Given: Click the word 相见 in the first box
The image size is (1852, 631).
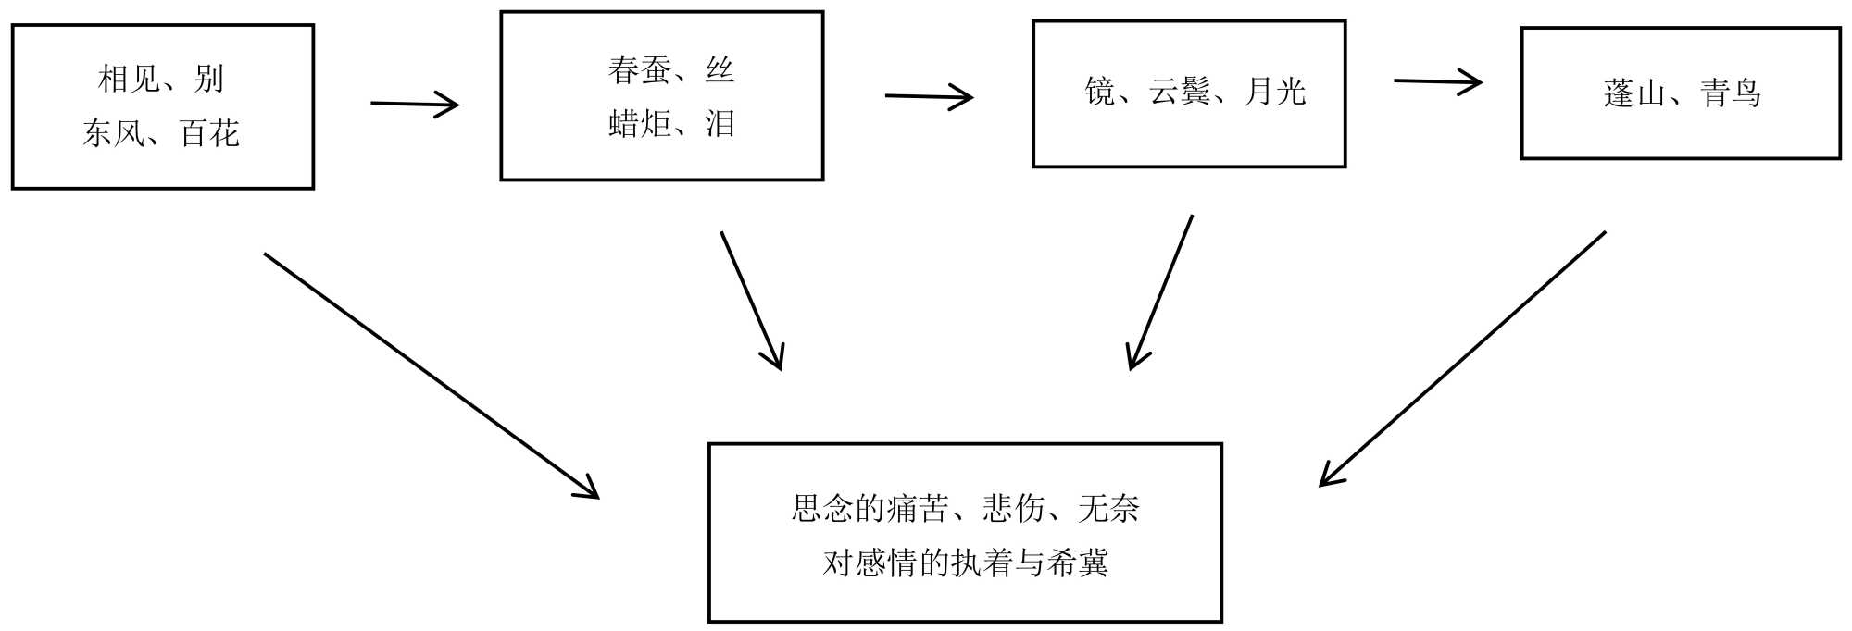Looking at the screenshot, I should [x=129, y=80].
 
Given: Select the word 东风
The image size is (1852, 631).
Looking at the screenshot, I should [x=112, y=134].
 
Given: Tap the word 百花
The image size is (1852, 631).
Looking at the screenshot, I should [x=209, y=134].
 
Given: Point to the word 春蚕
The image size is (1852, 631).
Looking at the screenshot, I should [x=639, y=70].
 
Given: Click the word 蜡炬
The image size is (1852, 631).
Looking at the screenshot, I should [x=640, y=124].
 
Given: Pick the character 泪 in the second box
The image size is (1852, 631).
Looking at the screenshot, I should [x=720, y=124].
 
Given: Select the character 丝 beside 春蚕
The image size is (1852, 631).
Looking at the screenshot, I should [x=720, y=70].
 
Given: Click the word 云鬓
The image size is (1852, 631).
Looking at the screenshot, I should [x=1180, y=92].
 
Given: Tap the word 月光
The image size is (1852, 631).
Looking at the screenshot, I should [x=1275, y=92].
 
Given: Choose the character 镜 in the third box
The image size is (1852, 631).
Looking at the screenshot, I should [x=1099, y=92].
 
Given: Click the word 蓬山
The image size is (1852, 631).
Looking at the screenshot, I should [x=1634, y=93].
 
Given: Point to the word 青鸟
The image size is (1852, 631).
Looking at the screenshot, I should [x=1730, y=93].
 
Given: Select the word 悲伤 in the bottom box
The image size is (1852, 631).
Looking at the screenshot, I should [x=1013, y=508].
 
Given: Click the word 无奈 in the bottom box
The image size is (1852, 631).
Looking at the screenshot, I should [x=1108, y=508].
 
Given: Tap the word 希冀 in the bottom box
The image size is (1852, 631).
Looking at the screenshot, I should [x=1077, y=563].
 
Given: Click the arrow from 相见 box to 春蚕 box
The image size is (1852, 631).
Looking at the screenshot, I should [x=414, y=105].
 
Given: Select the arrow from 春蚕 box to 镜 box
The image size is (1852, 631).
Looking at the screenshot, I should [x=929, y=96].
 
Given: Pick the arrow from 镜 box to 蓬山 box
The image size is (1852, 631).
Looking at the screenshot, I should [x=1437, y=82].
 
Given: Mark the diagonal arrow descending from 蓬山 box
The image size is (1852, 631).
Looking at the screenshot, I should [x=1463, y=358].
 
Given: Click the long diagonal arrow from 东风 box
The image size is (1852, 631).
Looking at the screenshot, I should [x=432, y=376].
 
